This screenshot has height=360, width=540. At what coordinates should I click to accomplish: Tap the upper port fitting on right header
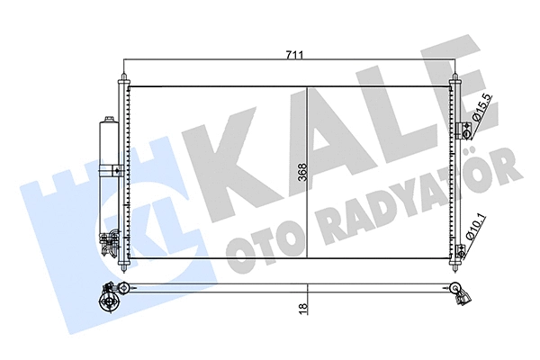[x=466, y=127]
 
